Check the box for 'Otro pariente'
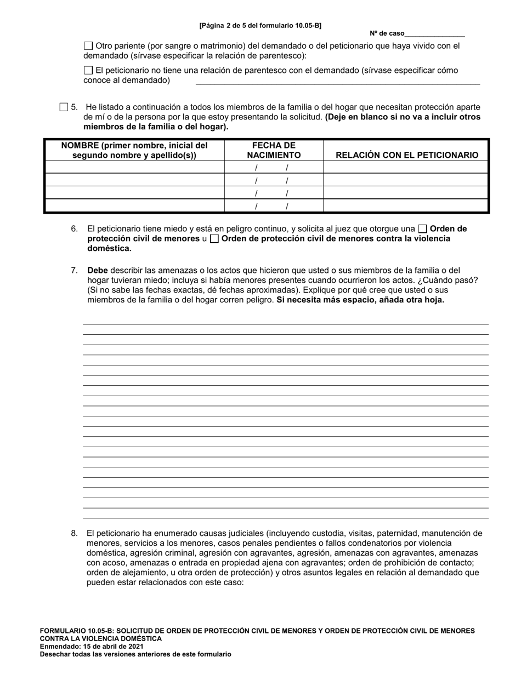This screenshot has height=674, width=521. [88, 46]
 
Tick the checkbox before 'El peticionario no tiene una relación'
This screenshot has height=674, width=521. [88, 70]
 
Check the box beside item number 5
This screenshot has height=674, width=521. [64, 107]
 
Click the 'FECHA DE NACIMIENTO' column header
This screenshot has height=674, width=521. [274, 150]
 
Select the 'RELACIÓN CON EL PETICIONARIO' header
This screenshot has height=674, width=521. [406, 155]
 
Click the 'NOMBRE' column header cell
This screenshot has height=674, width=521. [134, 150]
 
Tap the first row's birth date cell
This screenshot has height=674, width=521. [274, 167]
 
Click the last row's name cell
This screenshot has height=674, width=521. [134, 206]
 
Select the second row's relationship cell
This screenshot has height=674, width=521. [406, 180]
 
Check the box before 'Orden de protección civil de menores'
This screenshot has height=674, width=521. [422, 229]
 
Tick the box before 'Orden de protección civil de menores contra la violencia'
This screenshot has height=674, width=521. [214, 239]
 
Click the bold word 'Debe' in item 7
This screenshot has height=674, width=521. [97, 270]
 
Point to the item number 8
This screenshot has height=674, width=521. [74, 533]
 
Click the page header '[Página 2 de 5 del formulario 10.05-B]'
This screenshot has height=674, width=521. [260, 25]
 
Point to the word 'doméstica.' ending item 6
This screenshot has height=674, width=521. [109, 248]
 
